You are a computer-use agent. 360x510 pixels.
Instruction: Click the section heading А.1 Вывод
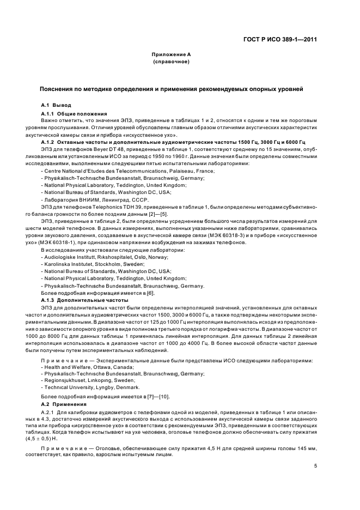pos(57,104)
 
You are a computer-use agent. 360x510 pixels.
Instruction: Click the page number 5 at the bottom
pos(316,466)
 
